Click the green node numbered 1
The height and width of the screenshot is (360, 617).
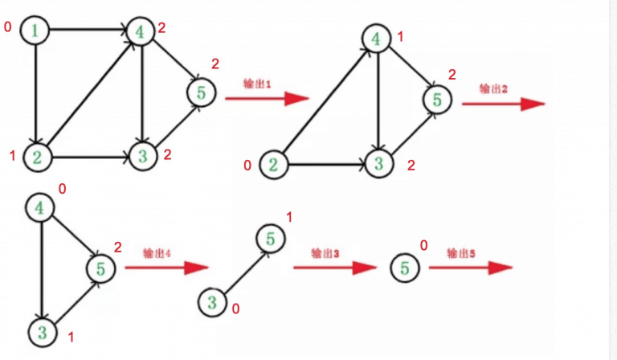(36, 31)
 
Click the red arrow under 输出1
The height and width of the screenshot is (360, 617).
(267, 99)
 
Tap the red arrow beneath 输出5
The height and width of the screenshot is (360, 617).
(470, 268)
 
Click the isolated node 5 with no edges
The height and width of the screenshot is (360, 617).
(406, 267)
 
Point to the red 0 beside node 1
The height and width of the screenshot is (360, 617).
(8, 28)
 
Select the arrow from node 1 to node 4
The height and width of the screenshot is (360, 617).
(88, 31)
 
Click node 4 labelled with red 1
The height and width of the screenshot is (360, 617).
(376, 38)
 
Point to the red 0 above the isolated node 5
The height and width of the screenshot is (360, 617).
(423, 243)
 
